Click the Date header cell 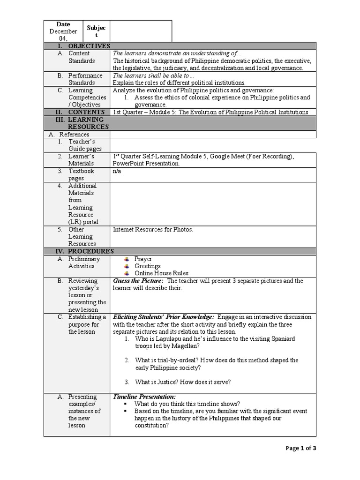click(x=63, y=24)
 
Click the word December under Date click(x=63, y=31)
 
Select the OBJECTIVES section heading click(x=89, y=46)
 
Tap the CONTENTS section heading click(x=86, y=112)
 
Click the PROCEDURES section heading click(x=89, y=251)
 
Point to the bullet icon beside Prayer click(x=126, y=259)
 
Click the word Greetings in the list click(x=148, y=266)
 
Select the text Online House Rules click(x=161, y=273)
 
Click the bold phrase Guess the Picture click(x=138, y=281)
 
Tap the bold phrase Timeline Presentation click(x=144, y=397)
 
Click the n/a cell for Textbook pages click(x=117, y=171)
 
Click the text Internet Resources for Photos click(x=153, y=230)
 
